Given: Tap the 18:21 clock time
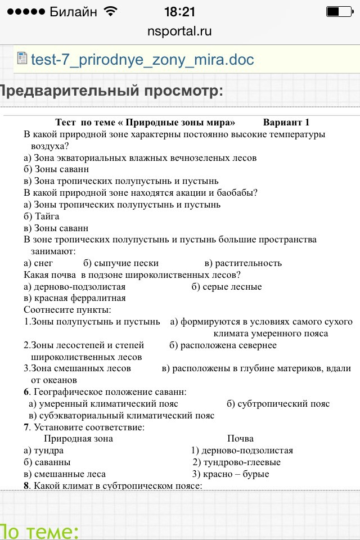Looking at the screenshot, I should click(179, 11).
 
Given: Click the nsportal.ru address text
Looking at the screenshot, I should click(179, 31).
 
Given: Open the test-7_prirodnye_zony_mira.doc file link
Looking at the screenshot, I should click(142, 60).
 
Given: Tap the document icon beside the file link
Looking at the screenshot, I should click(22, 59).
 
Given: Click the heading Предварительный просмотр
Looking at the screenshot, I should click(110, 91).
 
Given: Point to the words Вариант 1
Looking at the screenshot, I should click(286, 123).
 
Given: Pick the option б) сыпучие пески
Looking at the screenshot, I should click(121, 263).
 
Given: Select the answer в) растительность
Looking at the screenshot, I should click(243, 263).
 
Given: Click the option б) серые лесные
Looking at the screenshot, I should click(226, 287).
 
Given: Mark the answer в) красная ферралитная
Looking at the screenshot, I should click(74, 298).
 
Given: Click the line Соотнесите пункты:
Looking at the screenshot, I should click(67, 310).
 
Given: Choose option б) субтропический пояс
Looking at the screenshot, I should click(278, 404).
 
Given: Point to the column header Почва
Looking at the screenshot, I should click(240, 439).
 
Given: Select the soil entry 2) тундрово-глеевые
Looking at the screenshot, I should click(236, 462).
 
